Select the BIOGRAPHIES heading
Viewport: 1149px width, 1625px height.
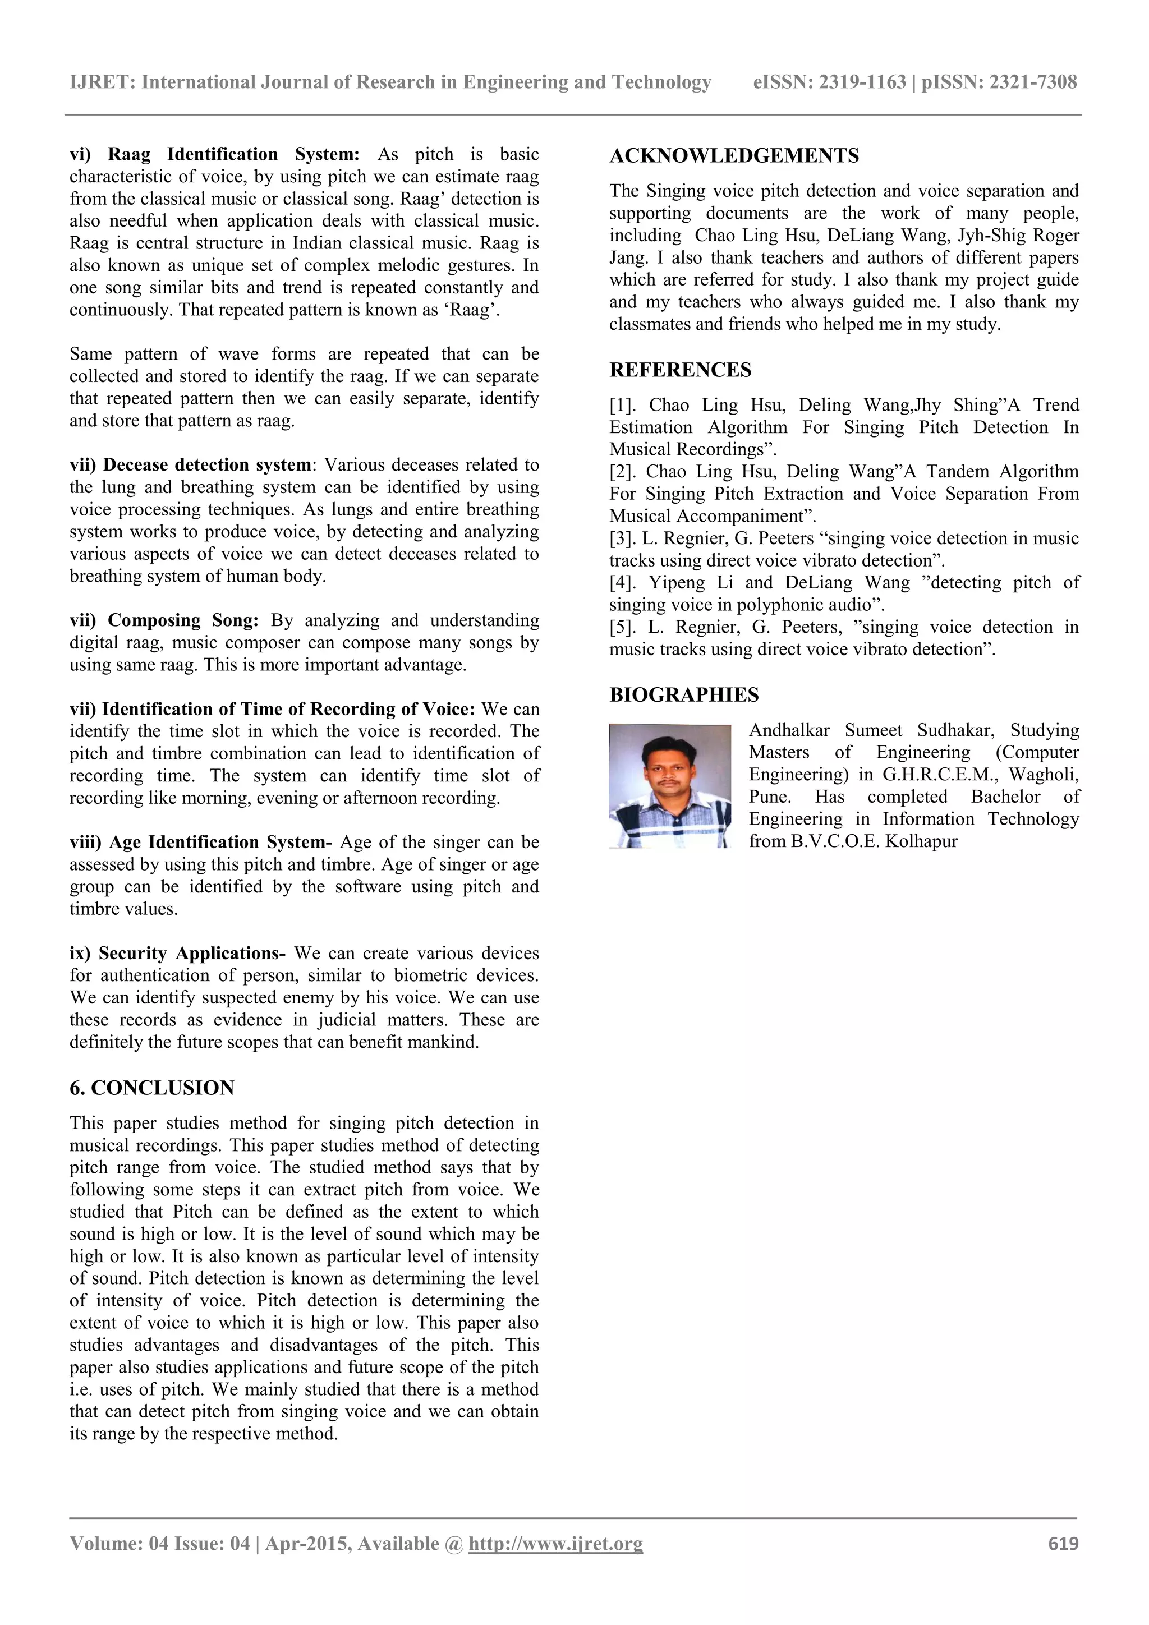[x=683, y=695]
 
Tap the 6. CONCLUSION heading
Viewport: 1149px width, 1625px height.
[x=151, y=1088]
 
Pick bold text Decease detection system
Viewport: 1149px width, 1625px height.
[x=206, y=465]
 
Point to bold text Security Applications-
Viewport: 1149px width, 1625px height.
[x=192, y=954]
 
